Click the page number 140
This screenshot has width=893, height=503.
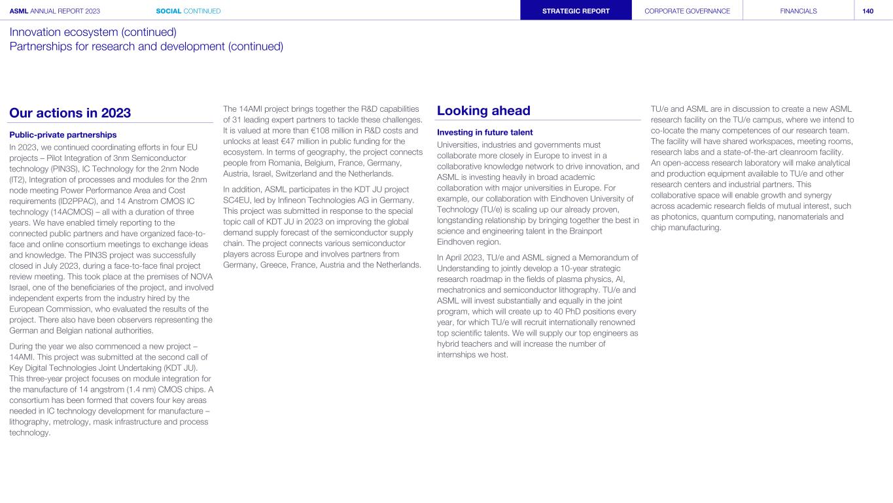(x=867, y=11)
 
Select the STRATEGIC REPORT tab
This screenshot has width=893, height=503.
(x=576, y=11)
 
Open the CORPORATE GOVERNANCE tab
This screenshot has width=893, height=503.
(x=687, y=11)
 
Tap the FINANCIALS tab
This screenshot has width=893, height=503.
(x=798, y=11)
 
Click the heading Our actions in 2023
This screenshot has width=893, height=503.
(x=70, y=113)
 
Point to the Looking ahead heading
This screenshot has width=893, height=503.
(x=483, y=111)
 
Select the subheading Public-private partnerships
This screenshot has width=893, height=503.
(x=63, y=135)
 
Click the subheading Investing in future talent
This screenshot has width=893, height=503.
(x=485, y=133)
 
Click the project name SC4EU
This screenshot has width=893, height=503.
(x=239, y=199)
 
